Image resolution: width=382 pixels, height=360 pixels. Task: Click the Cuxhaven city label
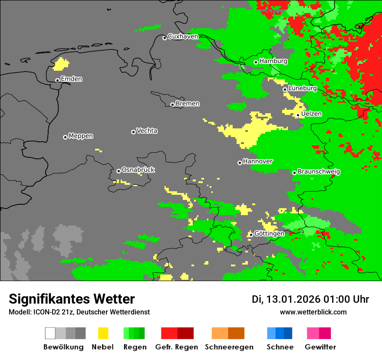click(183, 36)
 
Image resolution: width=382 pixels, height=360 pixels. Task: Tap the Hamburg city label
click(273, 61)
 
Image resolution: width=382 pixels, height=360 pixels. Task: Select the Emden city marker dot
click(57, 80)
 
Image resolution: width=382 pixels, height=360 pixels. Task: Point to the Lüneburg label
click(302, 88)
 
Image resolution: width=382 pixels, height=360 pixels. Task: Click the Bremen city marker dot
click(172, 105)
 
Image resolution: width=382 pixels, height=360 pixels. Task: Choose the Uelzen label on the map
click(311, 114)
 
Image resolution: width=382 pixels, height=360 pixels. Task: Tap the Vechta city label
click(147, 131)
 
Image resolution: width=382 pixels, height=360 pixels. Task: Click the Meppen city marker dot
click(65, 137)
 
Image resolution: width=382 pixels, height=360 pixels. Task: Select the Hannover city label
click(257, 161)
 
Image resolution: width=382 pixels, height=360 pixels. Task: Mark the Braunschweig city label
click(319, 172)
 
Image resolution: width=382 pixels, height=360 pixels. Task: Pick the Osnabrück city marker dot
click(119, 171)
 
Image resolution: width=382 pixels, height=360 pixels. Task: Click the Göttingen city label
click(269, 234)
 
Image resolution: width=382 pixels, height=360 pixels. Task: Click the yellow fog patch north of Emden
click(61, 65)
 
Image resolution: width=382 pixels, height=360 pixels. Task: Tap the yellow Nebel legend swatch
click(103, 333)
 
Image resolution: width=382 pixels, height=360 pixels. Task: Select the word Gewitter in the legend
click(320, 347)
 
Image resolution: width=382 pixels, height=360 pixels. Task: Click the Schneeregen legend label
click(229, 347)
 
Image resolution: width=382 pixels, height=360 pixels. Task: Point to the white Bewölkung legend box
click(50, 333)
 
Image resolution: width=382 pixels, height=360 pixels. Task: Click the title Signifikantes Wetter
click(72, 299)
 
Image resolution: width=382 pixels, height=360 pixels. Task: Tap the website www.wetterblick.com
click(313, 312)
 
